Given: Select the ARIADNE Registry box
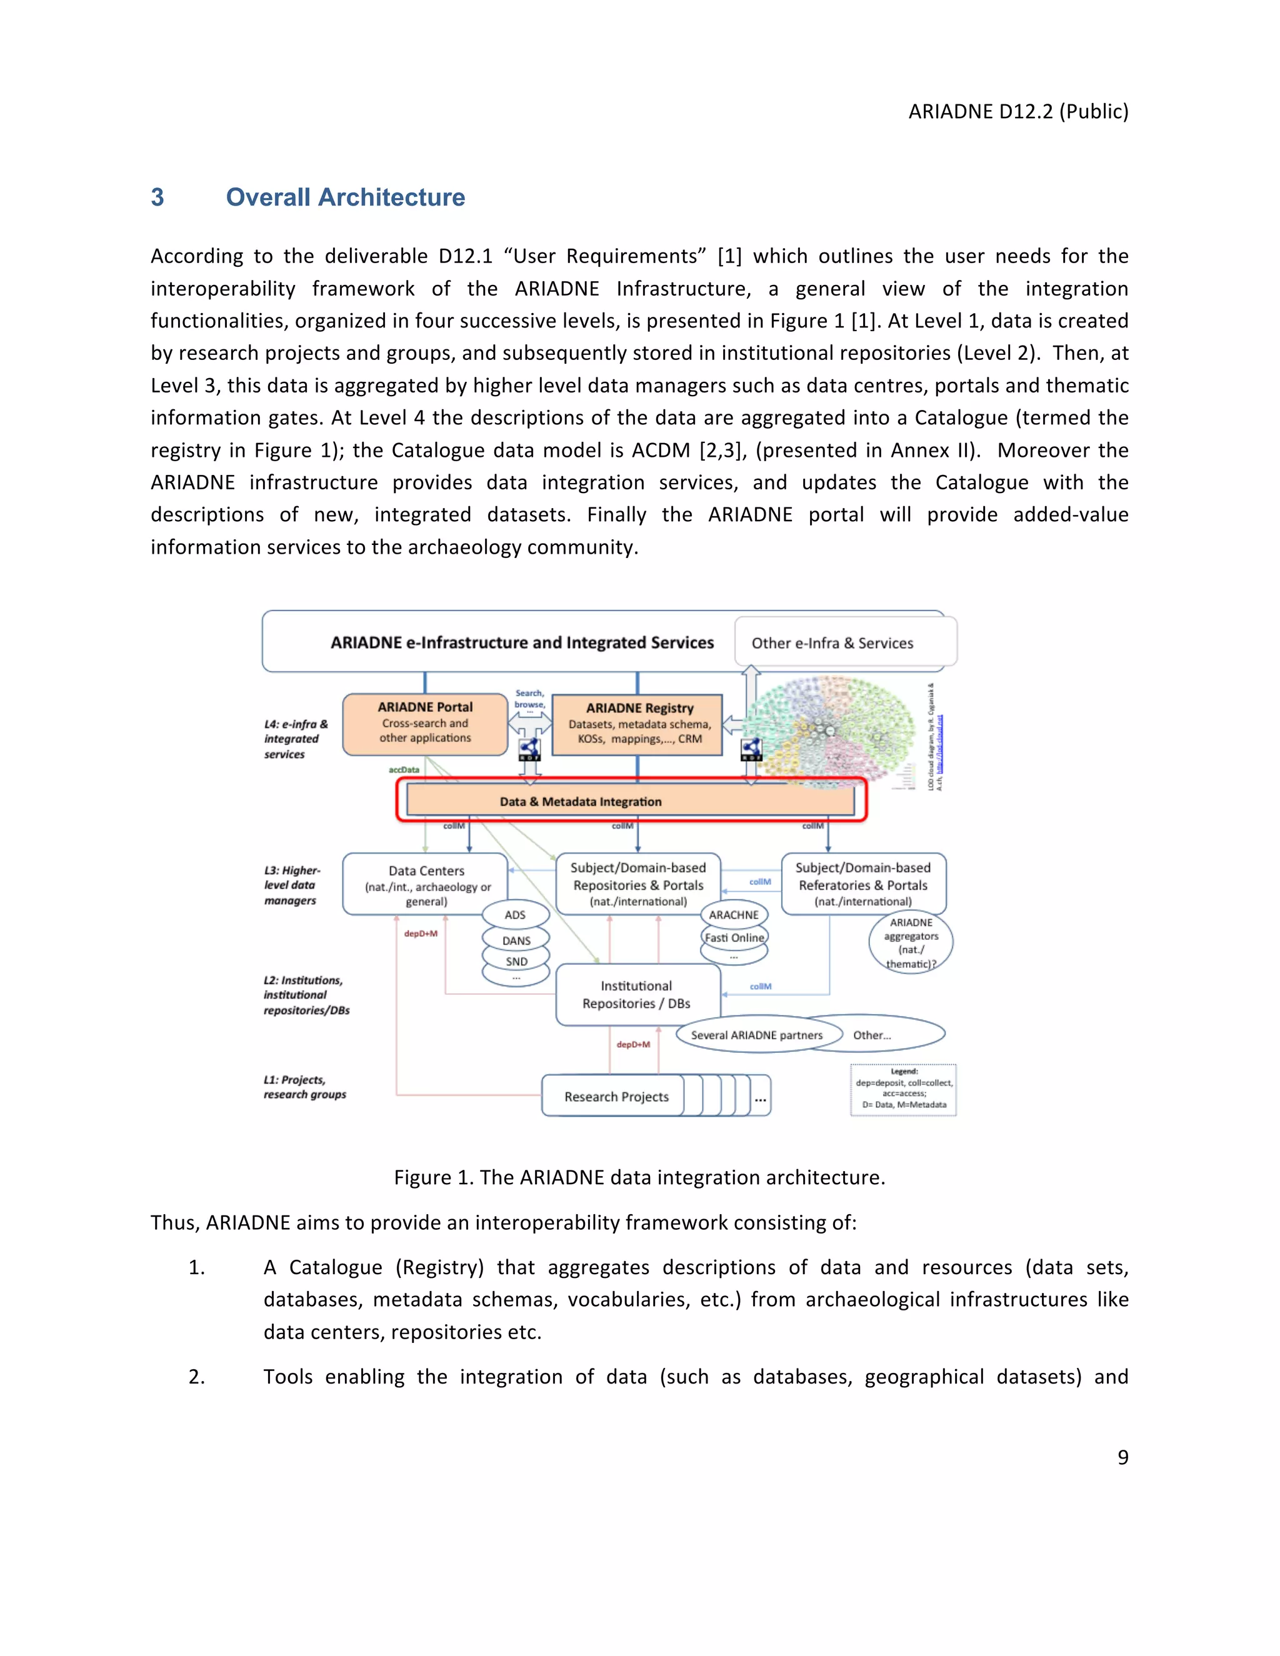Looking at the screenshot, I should click(x=637, y=724).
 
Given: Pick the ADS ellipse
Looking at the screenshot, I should click(x=516, y=914).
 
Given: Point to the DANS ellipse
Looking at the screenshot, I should click(x=516, y=940).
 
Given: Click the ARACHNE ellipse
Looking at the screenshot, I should click(x=733, y=914).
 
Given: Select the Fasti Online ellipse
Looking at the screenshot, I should click(x=733, y=938).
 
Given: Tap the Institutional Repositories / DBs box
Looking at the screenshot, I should click(x=637, y=994).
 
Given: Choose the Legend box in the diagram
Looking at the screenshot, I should click(x=903, y=1090).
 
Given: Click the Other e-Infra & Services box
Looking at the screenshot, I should click(x=845, y=642).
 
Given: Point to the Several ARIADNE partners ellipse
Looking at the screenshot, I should click(x=757, y=1034).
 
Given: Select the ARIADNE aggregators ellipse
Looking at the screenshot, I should click(x=911, y=942).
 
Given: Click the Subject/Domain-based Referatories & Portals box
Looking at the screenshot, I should click(x=863, y=884).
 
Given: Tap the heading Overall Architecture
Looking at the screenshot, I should click(x=345, y=197).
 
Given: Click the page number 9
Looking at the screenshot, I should click(x=1122, y=1457).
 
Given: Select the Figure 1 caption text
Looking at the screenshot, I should click(x=639, y=1177).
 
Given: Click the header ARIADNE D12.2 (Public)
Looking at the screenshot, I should click(x=1017, y=111).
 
